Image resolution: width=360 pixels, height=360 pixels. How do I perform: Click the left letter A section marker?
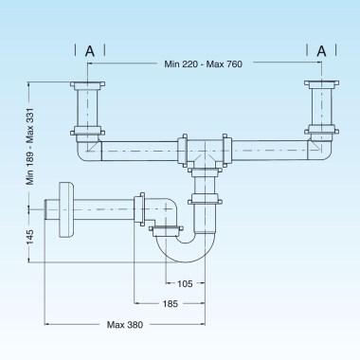(x=89, y=49)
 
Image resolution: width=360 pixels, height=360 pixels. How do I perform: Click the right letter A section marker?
(x=322, y=49)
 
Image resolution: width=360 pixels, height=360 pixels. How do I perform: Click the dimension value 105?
(x=185, y=282)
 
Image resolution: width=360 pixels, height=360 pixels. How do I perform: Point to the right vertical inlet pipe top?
(x=319, y=89)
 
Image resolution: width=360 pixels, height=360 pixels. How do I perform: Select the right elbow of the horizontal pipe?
(x=320, y=149)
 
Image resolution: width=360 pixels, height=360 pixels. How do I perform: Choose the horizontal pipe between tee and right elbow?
(x=270, y=150)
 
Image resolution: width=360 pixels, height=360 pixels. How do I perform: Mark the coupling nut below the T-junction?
(x=202, y=198)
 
